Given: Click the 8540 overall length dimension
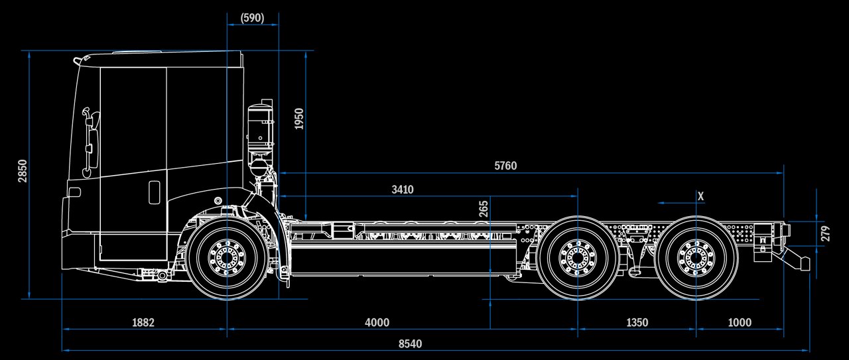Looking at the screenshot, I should (x=410, y=344).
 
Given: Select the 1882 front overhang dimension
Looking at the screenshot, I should (x=143, y=323).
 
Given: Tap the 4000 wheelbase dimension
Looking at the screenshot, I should (x=377, y=323).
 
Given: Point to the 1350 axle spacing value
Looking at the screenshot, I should (x=637, y=323).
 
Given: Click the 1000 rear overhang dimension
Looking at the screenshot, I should (x=740, y=323).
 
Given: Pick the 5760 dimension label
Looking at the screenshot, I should (x=505, y=166).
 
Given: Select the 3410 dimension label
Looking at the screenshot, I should (x=402, y=190).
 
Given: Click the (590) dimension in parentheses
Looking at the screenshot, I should (x=252, y=18).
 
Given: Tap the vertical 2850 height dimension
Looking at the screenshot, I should (x=23, y=171).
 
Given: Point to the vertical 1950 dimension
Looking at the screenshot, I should (x=299, y=118).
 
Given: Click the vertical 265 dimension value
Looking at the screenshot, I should (x=484, y=210).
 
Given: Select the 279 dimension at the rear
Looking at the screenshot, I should (x=825, y=233).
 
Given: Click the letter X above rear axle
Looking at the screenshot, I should (x=700, y=196).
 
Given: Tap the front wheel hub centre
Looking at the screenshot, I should (x=227, y=257).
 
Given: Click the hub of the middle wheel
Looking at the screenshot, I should (x=577, y=257).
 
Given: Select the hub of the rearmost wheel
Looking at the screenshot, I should (x=696, y=257).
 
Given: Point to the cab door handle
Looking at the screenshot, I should (x=154, y=192).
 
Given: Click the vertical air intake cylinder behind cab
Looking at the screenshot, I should (x=259, y=126).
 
